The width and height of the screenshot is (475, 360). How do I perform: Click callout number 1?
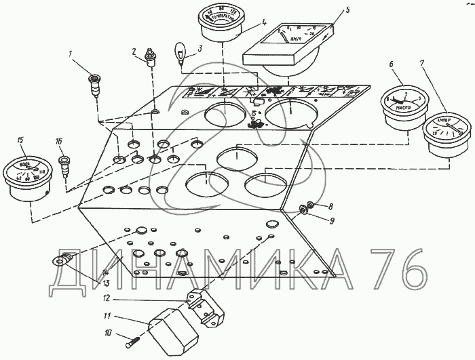[69, 53]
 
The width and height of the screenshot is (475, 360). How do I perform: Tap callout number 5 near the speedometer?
[347, 11]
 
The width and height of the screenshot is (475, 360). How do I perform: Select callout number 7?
[423, 64]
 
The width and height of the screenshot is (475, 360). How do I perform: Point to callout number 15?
[21, 140]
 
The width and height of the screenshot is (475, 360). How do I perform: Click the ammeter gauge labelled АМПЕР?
[444, 133]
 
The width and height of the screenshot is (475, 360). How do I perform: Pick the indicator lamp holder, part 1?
[95, 87]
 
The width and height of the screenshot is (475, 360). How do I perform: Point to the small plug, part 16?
[65, 166]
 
